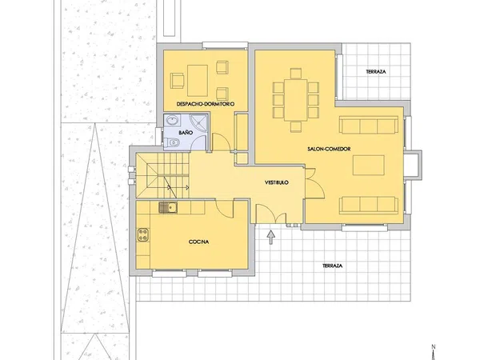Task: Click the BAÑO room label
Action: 186,133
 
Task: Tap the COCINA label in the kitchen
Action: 198,242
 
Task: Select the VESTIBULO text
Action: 277,182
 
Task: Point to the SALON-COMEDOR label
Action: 329,149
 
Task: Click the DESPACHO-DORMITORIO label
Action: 206,104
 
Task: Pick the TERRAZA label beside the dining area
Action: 376,72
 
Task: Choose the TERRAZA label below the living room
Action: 332,266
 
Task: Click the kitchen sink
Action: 168,207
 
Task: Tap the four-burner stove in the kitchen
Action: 143,234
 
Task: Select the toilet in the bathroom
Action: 171,142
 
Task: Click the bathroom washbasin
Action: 174,120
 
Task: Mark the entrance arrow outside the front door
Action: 271,238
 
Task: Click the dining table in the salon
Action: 296,100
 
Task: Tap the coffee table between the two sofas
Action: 369,165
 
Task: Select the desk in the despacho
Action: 198,81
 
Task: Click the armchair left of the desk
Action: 178,81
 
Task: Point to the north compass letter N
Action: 434,347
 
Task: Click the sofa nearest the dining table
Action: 369,125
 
